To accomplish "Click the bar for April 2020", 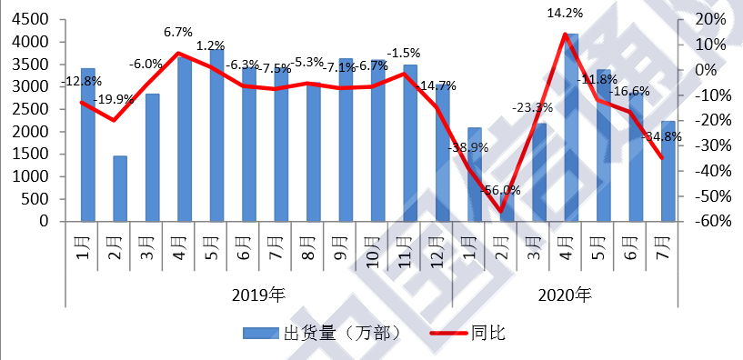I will tap(571, 127).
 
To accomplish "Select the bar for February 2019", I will tap(120, 188).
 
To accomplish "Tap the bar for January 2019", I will tap(88, 145).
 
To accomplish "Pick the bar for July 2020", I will tap(668, 171).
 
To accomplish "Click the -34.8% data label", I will tap(665, 137).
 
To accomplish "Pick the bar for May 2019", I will tap(217, 135).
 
